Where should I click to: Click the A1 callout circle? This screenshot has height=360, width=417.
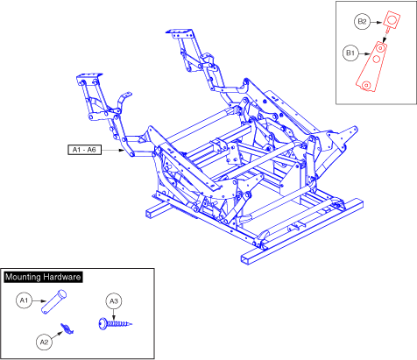tap(24, 300)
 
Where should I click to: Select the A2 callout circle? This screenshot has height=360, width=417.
tap(44, 342)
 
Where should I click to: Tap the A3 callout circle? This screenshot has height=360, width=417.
tap(114, 301)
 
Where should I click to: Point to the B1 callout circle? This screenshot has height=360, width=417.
tap(350, 53)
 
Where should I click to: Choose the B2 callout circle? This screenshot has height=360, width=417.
tap(362, 22)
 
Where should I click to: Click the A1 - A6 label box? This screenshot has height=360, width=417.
tap(84, 150)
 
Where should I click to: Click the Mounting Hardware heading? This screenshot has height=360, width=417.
tap(43, 277)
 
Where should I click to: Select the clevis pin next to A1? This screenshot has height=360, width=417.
tap(53, 301)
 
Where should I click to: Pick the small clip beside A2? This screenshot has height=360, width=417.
tap(67, 328)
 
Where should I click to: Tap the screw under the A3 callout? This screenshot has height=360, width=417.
tap(116, 324)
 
